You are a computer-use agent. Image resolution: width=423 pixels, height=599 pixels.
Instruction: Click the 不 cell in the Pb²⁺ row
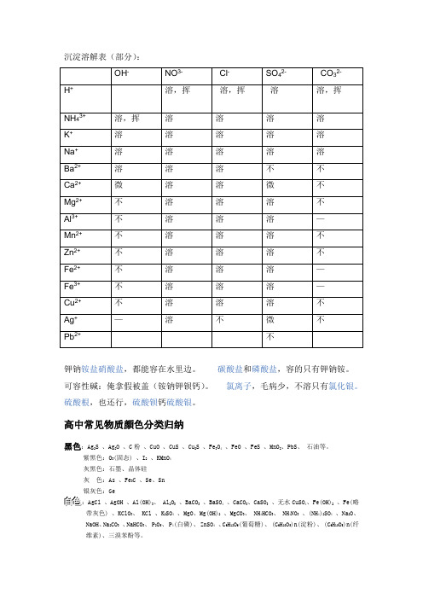coord(271,337)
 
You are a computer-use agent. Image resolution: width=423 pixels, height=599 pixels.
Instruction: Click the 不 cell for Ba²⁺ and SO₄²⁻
coord(271,167)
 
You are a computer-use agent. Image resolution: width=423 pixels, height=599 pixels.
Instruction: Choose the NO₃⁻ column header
coord(175,73)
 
